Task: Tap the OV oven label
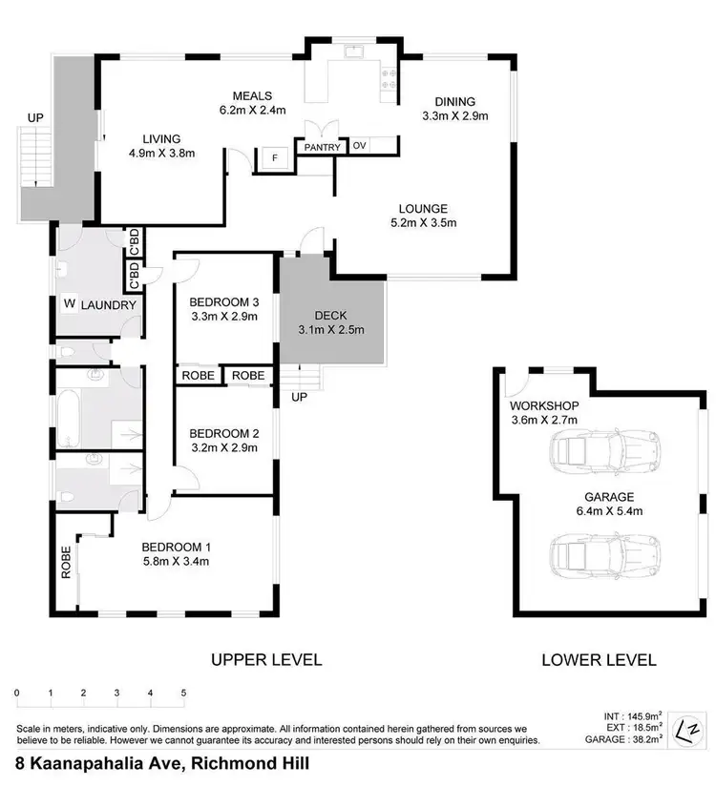[x=359, y=146]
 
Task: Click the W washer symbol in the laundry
[x=69, y=304]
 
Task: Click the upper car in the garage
[x=604, y=448]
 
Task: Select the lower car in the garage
[x=604, y=552]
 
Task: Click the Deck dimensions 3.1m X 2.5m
[x=330, y=331]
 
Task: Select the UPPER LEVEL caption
[x=266, y=659]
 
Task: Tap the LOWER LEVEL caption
[x=599, y=659]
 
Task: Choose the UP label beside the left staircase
[x=35, y=117]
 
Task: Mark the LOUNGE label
[x=422, y=209]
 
